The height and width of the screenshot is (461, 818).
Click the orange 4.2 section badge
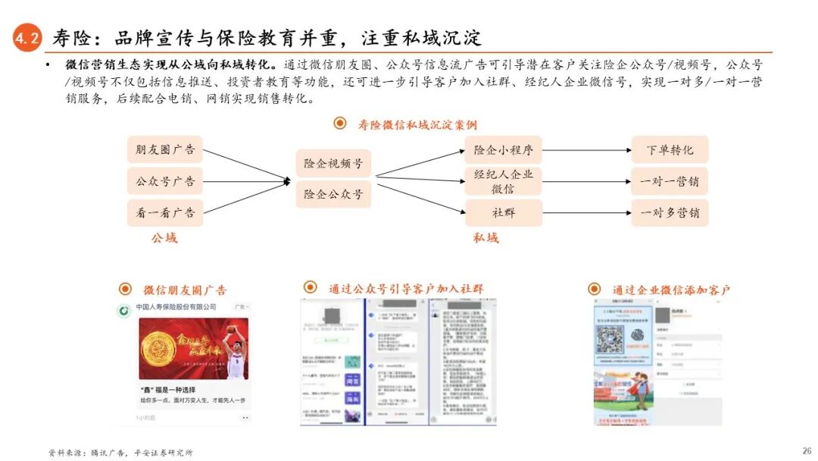click(27, 39)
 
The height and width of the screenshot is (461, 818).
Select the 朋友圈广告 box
click(164, 150)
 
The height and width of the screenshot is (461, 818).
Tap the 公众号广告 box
click(164, 181)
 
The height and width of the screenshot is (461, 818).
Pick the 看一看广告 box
click(164, 213)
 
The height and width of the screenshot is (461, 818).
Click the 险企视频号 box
click(333, 163)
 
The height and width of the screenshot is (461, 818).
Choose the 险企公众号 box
click(333, 194)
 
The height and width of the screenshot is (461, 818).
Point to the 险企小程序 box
click(504, 150)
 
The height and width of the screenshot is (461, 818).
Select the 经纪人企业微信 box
click(504, 181)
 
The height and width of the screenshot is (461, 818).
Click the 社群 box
click(504, 213)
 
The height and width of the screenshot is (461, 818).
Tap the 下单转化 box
click(670, 150)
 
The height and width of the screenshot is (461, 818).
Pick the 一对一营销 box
click(670, 181)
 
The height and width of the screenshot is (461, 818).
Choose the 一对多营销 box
click(670, 213)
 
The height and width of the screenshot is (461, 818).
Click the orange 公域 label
click(164, 237)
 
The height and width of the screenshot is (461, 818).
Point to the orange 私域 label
click(486, 237)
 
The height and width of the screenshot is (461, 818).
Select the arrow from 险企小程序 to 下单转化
click(587, 150)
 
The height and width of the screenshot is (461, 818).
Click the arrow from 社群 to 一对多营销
click(587, 213)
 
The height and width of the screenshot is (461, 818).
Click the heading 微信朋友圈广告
click(185, 290)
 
